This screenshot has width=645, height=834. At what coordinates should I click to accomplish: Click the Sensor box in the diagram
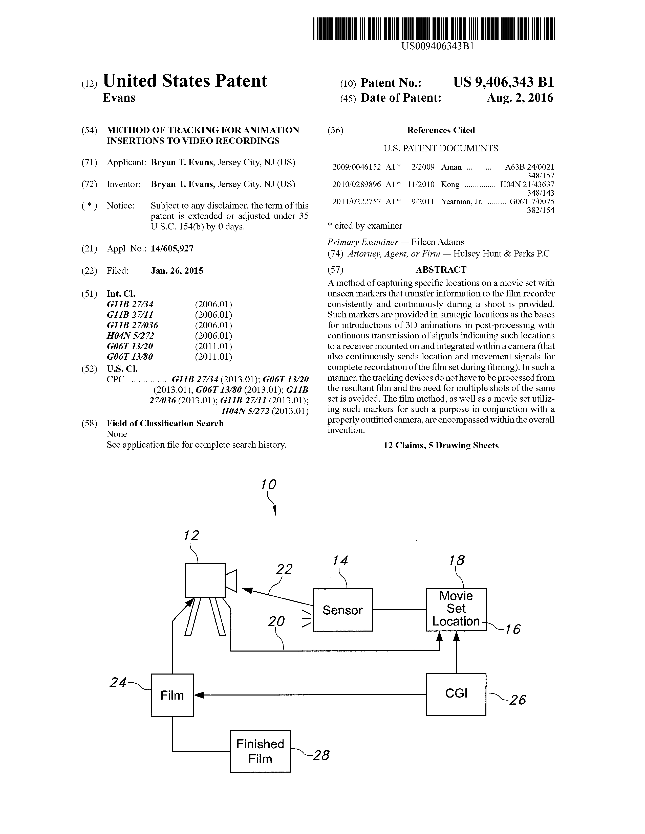click(343, 610)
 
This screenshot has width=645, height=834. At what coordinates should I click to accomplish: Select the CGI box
click(456, 694)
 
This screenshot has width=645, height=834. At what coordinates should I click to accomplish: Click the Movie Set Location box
click(456, 610)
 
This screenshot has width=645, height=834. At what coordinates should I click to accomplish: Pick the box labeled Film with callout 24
click(172, 695)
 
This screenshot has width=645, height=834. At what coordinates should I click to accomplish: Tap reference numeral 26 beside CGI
click(518, 700)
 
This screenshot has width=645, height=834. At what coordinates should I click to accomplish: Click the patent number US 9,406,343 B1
click(504, 82)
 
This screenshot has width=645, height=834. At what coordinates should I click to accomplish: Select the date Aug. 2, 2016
click(520, 98)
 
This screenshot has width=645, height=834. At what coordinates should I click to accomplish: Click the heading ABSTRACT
click(441, 270)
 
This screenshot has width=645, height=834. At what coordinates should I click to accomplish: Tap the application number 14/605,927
click(172, 249)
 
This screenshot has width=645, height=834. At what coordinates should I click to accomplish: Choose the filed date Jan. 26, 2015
click(177, 271)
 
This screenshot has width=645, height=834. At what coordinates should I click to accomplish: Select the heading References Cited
click(441, 130)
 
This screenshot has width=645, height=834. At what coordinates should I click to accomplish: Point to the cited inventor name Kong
click(450, 184)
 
